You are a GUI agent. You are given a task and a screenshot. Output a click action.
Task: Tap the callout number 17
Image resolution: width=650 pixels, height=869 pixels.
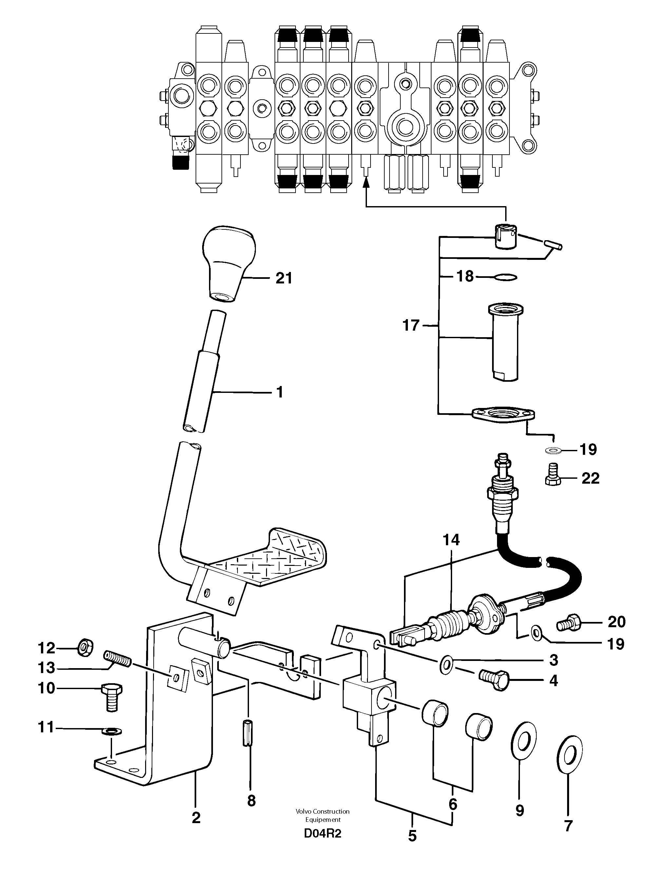pyautogui.click(x=411, y=325)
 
